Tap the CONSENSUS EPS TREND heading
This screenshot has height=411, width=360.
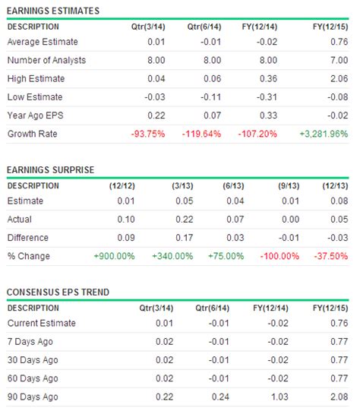tap(57, 292)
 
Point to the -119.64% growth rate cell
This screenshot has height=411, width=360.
tap(201, 134)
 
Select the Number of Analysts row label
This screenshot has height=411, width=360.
tap(46, 60)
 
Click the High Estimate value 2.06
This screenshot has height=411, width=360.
tap(338, 78)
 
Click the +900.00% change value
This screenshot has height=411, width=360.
tap(114, 256)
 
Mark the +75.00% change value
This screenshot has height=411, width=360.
tap(229, 256)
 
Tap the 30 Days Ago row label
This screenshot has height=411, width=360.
tap(34, 360)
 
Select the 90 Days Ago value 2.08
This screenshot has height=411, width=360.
tap(338, 397)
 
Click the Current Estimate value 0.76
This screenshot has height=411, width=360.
tap(338, 324)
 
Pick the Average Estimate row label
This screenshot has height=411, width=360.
tap(43, 42)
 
